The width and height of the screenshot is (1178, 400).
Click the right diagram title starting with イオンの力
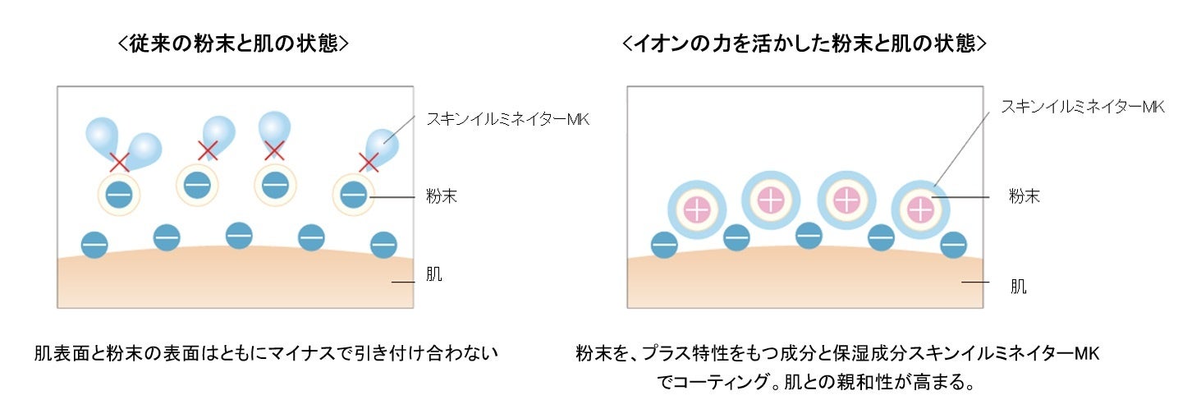pyautogui.click(x=804, y=44)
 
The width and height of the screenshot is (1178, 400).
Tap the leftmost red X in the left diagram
pyautogui.click(x=121, y=162)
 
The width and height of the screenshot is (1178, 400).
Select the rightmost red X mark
pyautogui.click(x=369, y=162)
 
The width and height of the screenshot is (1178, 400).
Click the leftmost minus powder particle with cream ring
pyautogui.click(x=119, y=195)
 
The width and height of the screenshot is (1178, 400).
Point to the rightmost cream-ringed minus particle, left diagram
pyautogui.click(x=353, y=195)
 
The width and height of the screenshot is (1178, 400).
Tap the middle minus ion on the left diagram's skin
pyautogui.click(x=239, y=235)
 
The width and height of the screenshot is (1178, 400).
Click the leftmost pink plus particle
pyautogui.click(x=697, y=209)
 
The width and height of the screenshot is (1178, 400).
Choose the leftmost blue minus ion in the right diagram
pyautogui.click(x=664, y=244)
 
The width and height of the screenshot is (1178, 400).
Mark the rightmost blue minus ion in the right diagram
pyautogui.click(x=953, y=244)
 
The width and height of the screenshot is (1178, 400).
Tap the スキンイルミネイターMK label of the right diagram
pyautogui.click(x=1082, y=107)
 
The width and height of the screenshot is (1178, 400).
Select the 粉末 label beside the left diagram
pyautogui.click(x=442, y=196)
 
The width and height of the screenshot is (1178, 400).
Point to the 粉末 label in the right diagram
pyautogui.click(x=1024, y=196)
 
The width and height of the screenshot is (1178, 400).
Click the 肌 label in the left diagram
pyautogui.click(x=434, y=274)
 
